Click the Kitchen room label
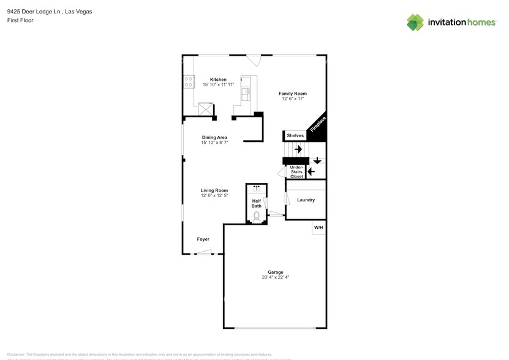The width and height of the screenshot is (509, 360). (x=218, y=80)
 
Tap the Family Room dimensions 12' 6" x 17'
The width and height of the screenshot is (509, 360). (x=293, y=99)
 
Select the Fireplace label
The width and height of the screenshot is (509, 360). (x=318, y=124)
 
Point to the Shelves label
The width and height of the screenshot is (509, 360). (x=295, y=135)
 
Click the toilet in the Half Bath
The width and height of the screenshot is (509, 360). (x=256, y=216)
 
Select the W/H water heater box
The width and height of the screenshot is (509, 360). (x=319, y=228)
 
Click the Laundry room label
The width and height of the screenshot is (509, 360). (x=306, y=200)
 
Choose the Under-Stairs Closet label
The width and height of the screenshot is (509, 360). (x=296, y=171)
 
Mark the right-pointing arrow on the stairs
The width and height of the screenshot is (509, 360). (x=298, y=149)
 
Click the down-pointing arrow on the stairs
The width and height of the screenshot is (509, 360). (x=317, y=161)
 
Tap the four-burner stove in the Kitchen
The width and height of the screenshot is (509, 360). (x=189, y=83)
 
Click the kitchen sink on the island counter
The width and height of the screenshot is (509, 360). (x=246, y=93)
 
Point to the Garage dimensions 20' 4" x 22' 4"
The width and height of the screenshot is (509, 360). (x=275, y=277)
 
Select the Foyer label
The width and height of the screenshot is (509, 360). (x=203, y=239)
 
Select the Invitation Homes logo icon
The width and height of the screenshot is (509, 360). (x=415, y=23)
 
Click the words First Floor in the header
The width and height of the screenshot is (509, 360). (x=20, y=20)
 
